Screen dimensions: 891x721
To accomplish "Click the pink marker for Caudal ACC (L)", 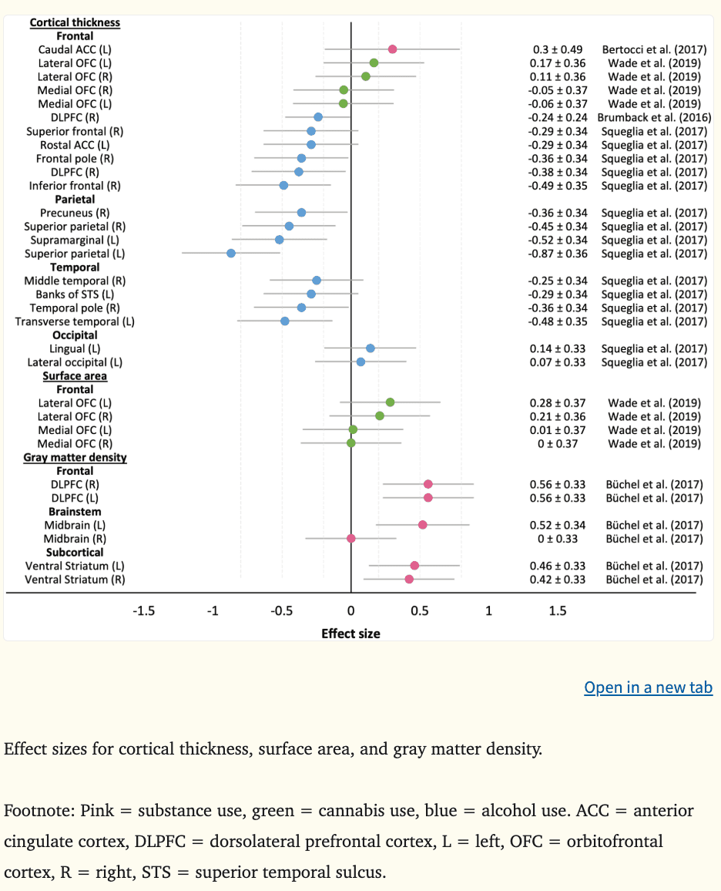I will (x=393, y=49).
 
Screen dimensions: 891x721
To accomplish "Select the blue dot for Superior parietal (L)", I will (x=231, y=253).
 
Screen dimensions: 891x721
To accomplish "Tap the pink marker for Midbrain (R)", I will (x=351, y=538).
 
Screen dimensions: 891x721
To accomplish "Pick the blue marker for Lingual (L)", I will (x=371, y=348).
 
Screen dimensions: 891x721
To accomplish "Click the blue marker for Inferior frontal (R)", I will (x=283, y=185).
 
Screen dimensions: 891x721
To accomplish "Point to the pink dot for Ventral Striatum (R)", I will (x=409, y=579).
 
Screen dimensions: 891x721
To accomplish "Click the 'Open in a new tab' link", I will (x=648, y=688).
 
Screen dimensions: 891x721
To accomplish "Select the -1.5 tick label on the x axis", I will (x=144, y=611).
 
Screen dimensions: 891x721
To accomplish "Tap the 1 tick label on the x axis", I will (x=488, y=611).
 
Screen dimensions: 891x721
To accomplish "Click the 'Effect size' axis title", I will (x=350, y=634).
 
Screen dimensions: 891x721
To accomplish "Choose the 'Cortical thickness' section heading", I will (x=75, y=22).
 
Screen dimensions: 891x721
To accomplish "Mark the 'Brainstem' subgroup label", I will (x=75, y=511).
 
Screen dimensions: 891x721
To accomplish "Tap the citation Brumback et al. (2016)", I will (x=654, y=117).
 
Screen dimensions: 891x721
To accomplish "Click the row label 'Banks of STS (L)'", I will (x=75, y=294).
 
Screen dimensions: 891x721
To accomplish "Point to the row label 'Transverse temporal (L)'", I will (x=75, y=321).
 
